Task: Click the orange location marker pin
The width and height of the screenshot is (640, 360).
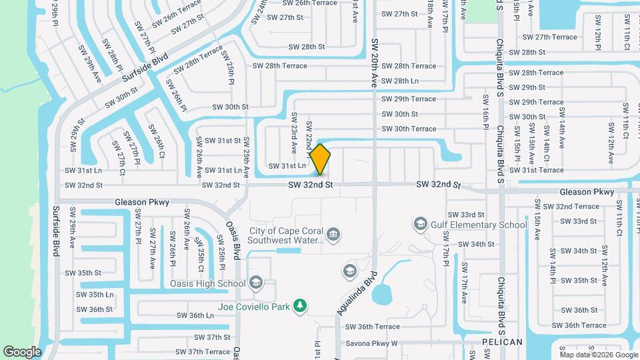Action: [320, 159]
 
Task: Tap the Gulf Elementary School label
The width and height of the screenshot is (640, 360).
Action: [479, 225]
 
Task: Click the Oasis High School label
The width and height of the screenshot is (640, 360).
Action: [209, 283]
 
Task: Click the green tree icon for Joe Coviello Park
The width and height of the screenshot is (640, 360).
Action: [300, 306]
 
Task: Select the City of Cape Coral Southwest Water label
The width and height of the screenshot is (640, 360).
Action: [286, 235]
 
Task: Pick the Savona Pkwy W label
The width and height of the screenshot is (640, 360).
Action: [371, 344]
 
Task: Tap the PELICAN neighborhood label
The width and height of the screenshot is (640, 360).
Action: [502, 342]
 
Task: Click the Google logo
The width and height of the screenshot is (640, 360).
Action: [22, 351]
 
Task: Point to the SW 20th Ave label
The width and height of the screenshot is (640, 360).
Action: [374, 63]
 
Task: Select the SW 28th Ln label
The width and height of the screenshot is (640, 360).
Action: [396, 81]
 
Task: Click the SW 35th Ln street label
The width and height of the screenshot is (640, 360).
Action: [94, 294]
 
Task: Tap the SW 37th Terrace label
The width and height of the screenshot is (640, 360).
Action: [199, 351]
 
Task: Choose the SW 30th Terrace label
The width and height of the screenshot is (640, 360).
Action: [409, 129]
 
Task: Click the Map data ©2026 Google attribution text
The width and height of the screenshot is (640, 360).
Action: [598, 355]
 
